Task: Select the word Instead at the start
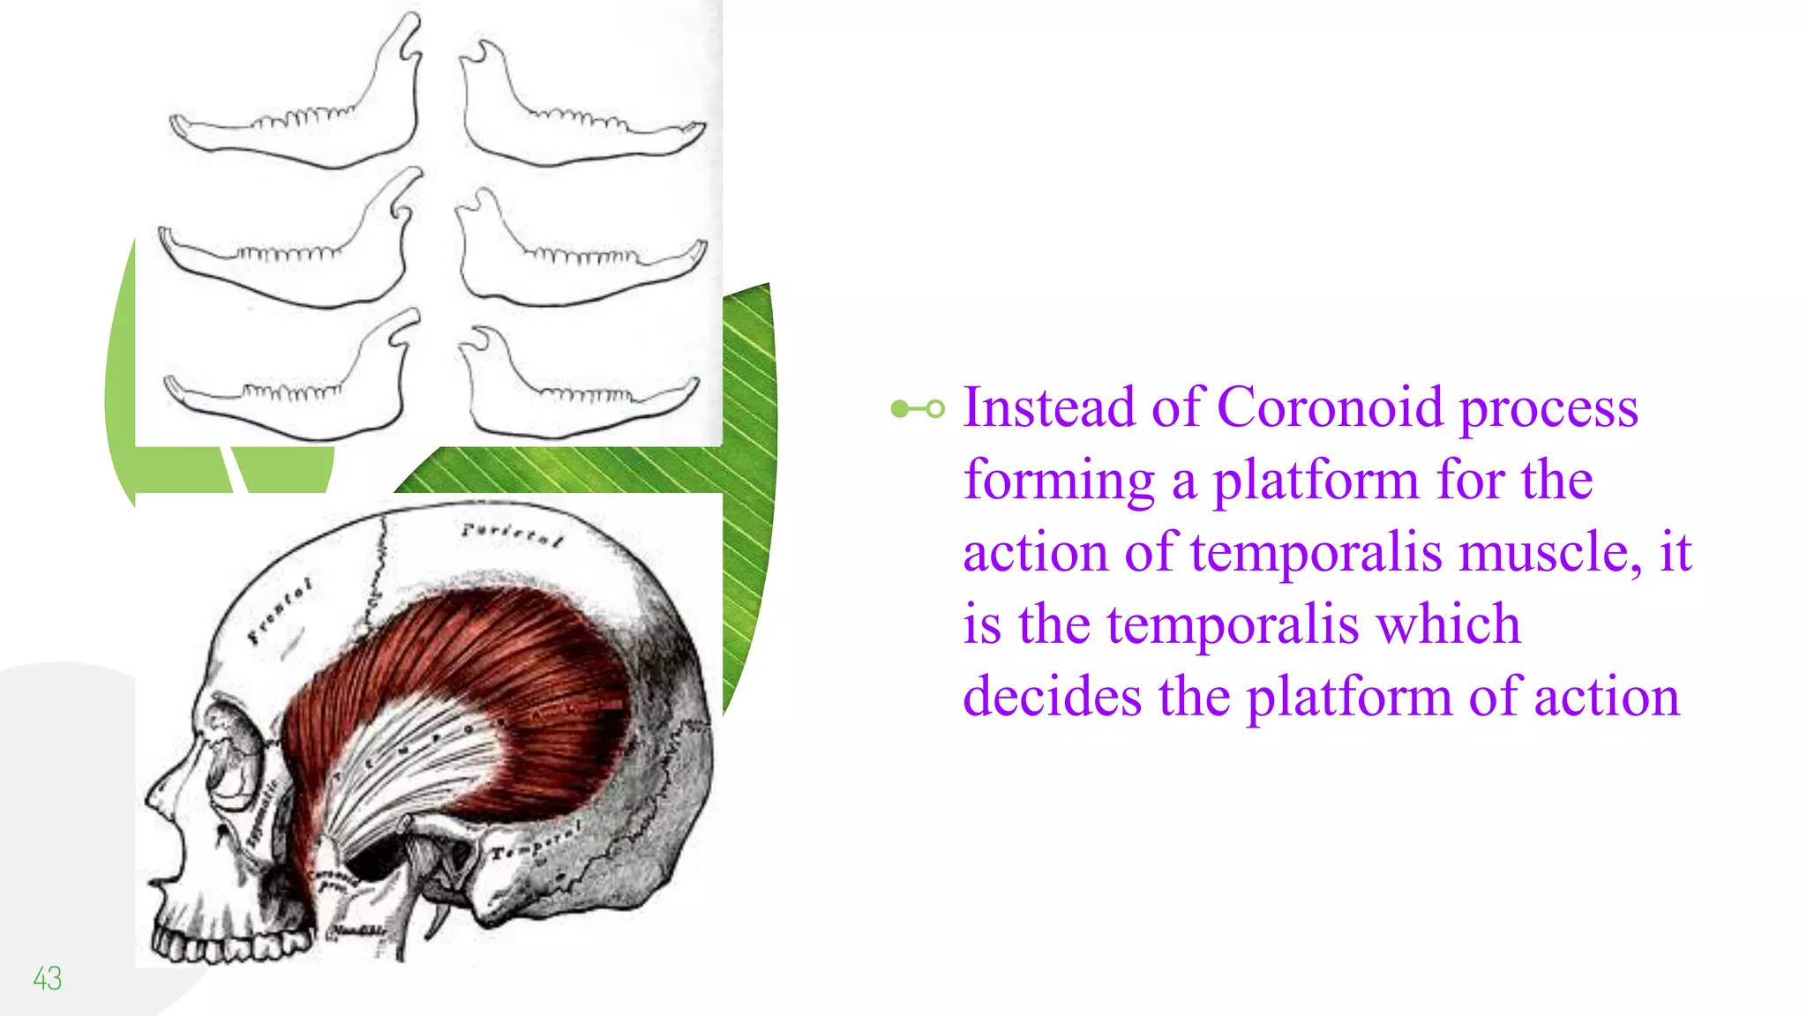pos(1048,407)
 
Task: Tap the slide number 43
pos(47,978)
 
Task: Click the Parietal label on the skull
pos(512,534)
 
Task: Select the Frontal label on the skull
pos(280,611)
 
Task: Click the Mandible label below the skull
pos(358,931)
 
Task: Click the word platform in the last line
pos(1348,697)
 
